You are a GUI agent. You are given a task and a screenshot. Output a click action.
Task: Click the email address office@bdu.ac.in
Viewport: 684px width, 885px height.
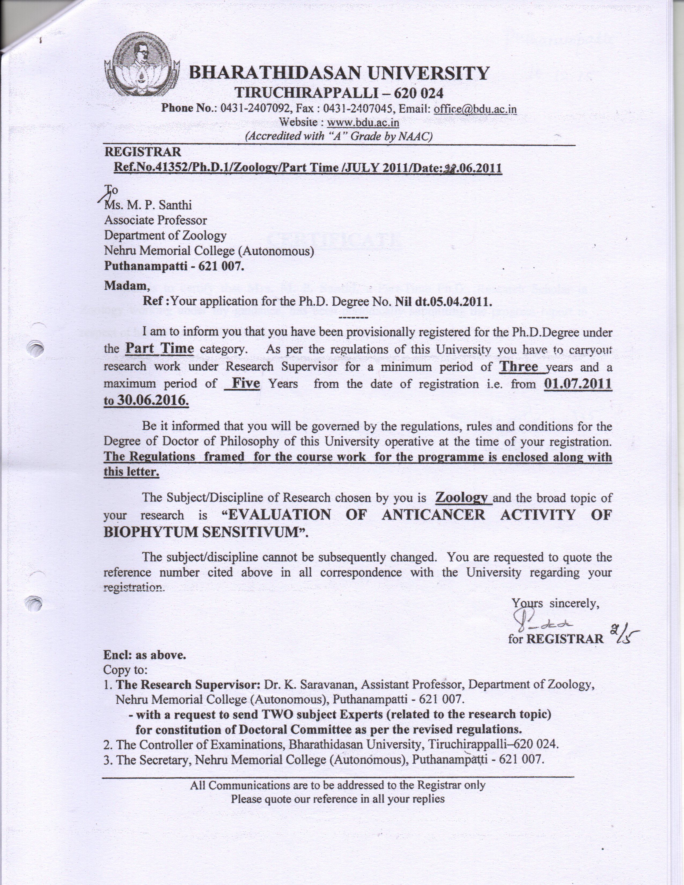point(475,109)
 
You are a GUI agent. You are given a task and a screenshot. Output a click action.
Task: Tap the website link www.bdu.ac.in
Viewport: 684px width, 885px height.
point(363,122)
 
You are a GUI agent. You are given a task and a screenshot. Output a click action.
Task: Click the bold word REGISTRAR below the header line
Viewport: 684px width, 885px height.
point(143,152)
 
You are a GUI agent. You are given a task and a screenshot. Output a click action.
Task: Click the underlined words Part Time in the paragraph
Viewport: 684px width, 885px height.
point(159,348)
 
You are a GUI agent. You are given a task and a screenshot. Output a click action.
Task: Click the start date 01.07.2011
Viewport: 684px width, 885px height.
point(578,383)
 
